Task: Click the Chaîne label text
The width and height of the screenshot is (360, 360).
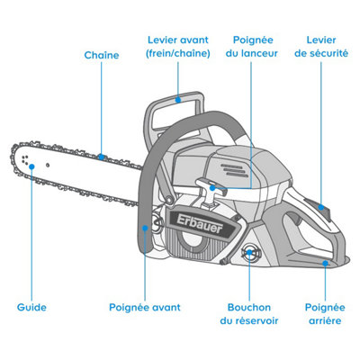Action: [x=102, y=55]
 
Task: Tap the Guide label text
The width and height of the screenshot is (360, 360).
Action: [x=31, y=307]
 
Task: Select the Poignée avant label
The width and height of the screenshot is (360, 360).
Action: [x=145, y=308]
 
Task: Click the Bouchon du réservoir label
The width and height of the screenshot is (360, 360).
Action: [x=249, y=314]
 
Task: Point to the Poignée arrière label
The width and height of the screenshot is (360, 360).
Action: [x=325, y=314]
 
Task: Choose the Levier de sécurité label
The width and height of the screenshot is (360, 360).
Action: [x=321, y=47]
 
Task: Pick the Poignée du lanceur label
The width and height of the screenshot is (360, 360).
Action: [x=251, y=47]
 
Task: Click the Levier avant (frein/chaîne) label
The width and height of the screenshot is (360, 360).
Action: [x=178, y=47]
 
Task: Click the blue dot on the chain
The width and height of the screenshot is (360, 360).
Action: [x=102, y=157]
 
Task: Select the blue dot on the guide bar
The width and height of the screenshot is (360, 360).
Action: [x=31, y=166]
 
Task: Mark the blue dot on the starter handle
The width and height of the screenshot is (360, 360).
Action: [x=212, y=188]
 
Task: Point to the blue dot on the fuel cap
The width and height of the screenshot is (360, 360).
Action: [x=249, y=252]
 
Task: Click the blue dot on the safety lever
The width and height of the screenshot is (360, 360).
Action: [x=321, y=207]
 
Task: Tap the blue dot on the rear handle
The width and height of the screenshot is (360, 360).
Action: [x=325, y=263]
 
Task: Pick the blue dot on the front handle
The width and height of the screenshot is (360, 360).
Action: [x=145, y=228]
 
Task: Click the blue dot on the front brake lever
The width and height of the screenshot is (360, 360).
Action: [x=178, y=99]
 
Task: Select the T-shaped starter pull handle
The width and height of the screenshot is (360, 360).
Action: [x=211, y=192]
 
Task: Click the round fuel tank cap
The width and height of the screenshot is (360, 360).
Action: [x=249, y=253]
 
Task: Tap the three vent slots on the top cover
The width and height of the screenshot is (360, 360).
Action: [x=235, y=170]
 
